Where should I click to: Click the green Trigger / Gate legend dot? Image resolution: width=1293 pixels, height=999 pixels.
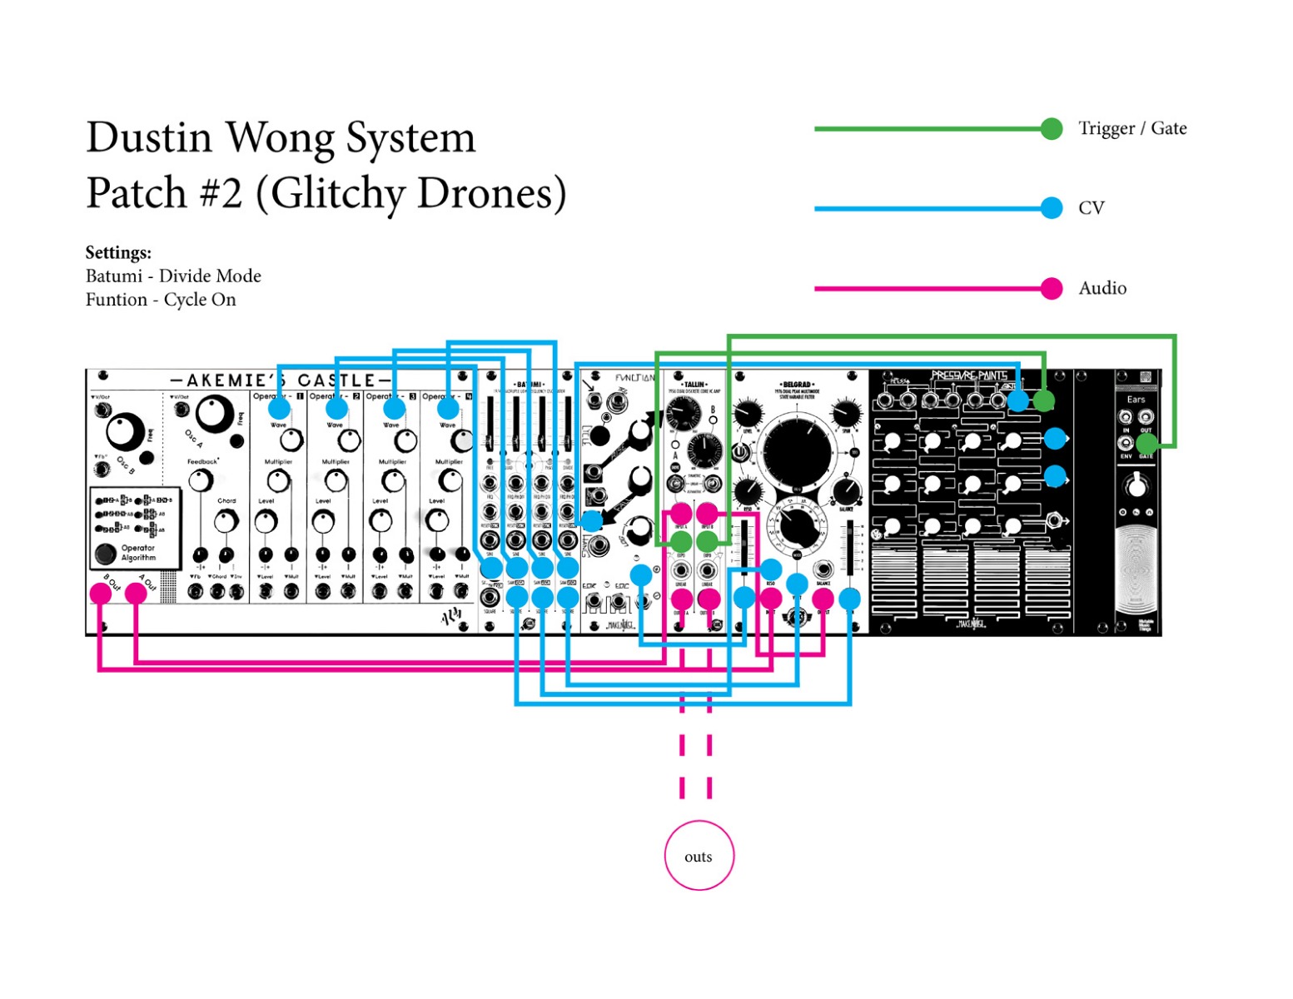[1052, 128]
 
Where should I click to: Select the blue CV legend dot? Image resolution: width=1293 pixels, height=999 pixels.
[1052, 207]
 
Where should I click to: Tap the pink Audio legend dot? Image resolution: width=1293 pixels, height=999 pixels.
[1052, 288]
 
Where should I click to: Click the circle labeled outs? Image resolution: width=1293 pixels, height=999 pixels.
[699, 856]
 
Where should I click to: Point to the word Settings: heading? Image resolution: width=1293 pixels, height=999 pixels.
[118, 252]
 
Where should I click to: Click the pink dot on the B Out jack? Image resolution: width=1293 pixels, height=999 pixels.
[101, 593]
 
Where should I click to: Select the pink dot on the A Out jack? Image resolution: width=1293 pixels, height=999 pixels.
[136, 593]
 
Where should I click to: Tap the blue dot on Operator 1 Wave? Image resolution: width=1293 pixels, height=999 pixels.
[279, 409]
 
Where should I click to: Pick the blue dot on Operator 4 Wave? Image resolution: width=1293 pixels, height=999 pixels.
[448, 409]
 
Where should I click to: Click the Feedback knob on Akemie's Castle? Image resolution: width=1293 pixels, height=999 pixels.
[200, 480]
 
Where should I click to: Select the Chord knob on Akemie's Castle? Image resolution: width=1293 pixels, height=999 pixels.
[226, 521]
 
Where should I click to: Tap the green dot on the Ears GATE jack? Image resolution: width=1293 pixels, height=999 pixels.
[1146, 443]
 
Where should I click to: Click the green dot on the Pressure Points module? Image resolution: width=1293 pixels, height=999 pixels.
[1043, 401]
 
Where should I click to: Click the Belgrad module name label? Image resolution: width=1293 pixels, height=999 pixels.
[797, 385]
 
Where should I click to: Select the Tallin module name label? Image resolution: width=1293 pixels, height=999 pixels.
[694, 385]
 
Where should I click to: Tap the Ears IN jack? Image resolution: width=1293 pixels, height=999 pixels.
[1126, 417]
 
